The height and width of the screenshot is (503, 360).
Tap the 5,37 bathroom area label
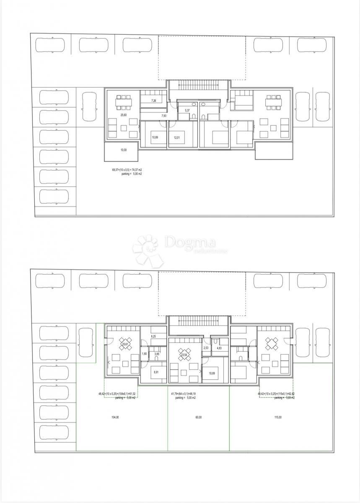188,111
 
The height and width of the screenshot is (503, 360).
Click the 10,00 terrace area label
123,150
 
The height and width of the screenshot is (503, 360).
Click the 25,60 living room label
124,115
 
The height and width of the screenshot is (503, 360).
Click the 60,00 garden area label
198,417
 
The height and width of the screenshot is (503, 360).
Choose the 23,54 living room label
184,355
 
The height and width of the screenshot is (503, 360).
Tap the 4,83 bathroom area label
220,347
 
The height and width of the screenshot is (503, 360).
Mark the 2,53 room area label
206,348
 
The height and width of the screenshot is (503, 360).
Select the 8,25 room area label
153,336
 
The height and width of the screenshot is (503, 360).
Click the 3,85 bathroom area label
157,354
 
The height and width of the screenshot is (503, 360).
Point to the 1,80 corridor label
145,354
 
